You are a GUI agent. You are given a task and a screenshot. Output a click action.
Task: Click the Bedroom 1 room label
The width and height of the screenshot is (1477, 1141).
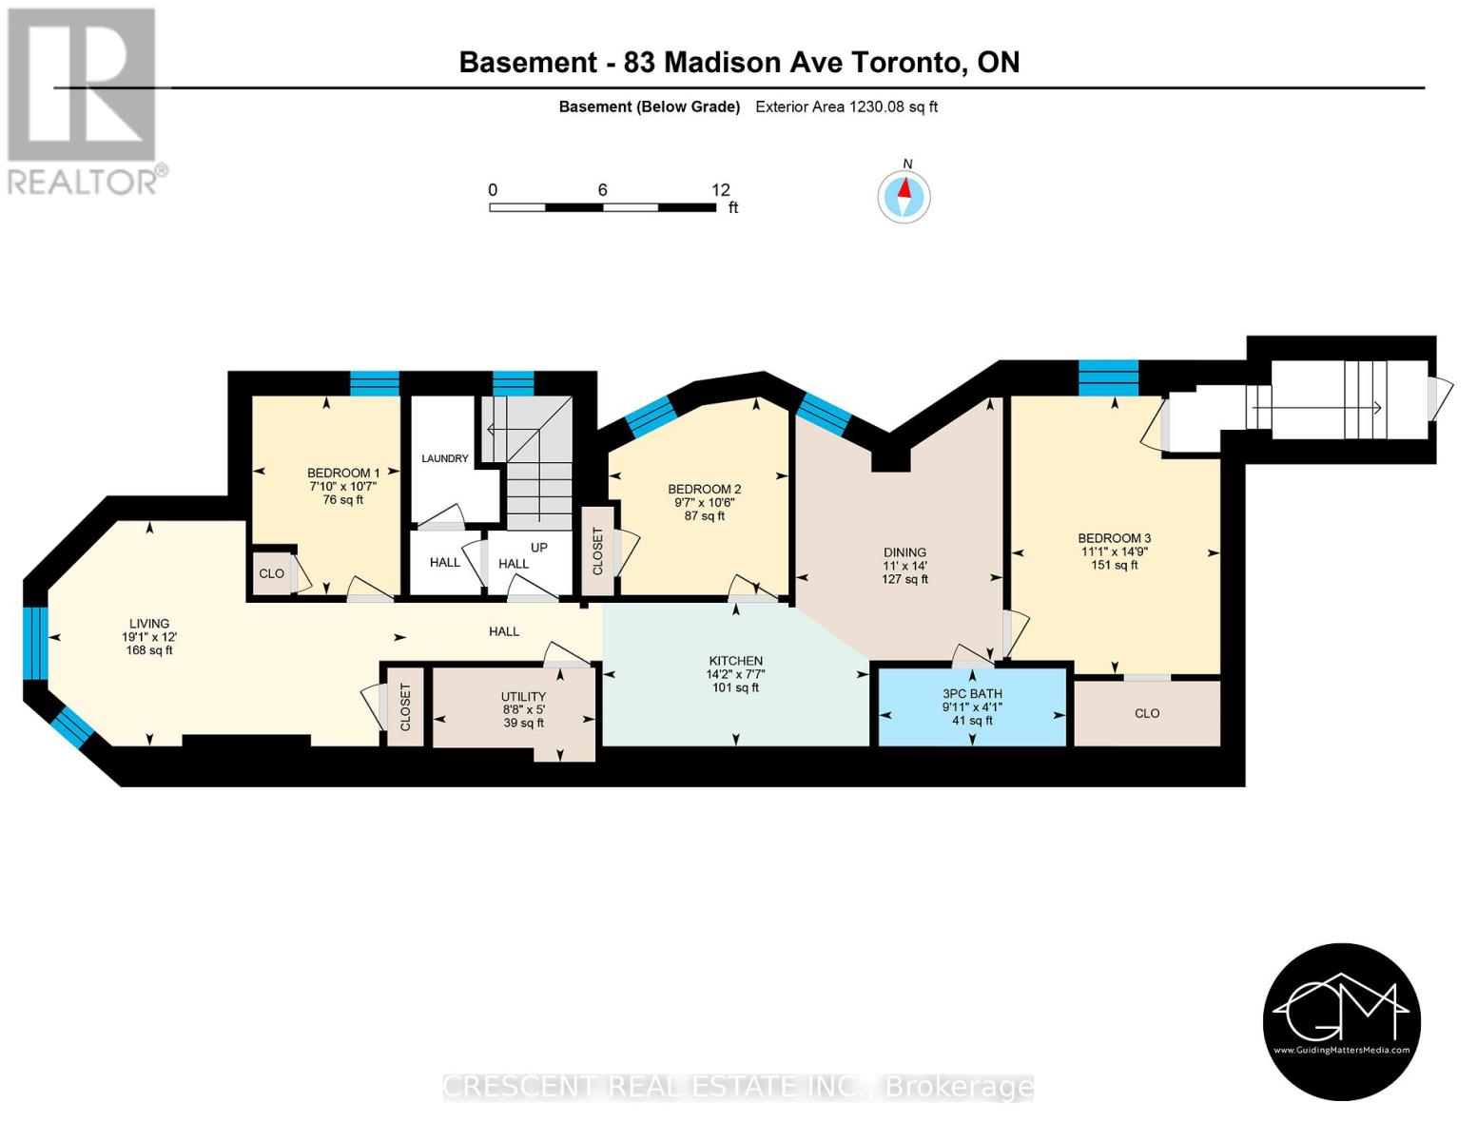(343, 473)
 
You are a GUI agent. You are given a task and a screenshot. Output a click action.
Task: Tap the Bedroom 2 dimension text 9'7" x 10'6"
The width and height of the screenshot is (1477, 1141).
(704, 503)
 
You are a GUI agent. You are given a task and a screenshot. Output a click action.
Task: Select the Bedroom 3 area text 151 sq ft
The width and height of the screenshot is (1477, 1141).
(1114, 565)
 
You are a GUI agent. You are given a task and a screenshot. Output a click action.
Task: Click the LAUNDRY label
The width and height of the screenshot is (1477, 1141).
(445, 458)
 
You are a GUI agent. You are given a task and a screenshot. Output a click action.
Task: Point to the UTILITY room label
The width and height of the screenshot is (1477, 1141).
(523, 696)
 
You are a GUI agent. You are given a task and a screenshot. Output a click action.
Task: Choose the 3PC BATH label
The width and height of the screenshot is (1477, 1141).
(972, 694)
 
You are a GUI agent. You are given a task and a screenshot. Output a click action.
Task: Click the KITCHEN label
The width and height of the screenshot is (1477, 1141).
(735, 661)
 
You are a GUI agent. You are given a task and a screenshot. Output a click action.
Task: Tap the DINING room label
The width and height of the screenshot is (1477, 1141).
(904, 552)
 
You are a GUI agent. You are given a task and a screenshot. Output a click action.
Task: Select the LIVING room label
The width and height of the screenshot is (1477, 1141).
(149, 624)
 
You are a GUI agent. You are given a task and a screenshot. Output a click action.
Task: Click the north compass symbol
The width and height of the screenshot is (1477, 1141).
(904, 197)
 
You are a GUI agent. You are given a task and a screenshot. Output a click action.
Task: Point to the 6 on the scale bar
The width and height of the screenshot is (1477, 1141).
(602, 190)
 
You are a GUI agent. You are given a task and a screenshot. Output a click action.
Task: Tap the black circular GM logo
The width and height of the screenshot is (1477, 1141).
(1341, 1021)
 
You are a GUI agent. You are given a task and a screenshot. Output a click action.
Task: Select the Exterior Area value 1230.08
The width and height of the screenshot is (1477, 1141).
(876, 106)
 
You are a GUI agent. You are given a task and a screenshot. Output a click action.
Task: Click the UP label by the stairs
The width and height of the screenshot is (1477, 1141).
(539, 548)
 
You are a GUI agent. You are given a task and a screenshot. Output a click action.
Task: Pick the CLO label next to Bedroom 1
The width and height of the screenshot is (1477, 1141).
(271, 573)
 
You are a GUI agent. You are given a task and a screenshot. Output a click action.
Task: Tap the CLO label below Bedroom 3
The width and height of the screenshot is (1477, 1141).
(1147, 713)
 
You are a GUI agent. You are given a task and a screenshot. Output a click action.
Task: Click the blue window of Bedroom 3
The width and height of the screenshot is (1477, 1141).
(1108, 377)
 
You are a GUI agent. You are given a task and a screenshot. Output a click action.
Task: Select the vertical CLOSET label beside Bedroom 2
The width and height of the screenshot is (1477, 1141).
(597, 551)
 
